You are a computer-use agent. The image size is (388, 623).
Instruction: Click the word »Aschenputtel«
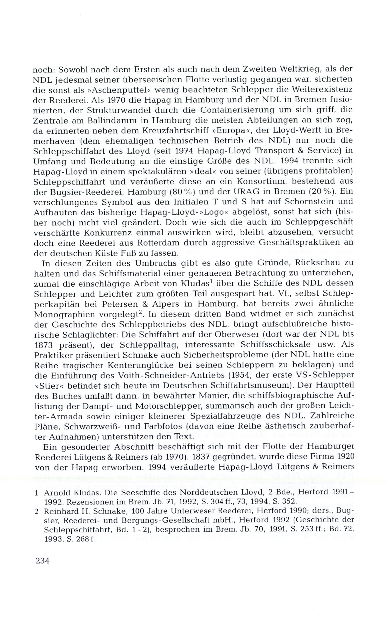point(106,90)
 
